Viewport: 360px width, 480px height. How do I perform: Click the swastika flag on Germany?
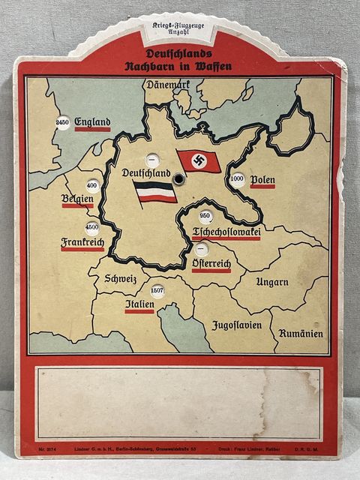point(199,160)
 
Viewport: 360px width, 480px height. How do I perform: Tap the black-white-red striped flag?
point(155,192)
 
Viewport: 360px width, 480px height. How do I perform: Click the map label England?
point(92,122)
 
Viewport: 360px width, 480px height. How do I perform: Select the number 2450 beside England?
point(63,121)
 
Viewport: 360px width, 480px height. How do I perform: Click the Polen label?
point(262,179)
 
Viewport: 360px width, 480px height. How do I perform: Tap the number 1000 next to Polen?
point(238,179)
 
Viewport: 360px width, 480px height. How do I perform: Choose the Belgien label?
point(78,199)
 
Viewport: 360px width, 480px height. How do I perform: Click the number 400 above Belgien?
point(92,184)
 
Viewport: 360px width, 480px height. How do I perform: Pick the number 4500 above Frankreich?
point(92,226)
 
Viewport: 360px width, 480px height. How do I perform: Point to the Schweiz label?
point(121,278)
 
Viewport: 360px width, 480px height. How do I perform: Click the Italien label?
point(139,305)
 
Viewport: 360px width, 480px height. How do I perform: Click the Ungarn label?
point(271,282)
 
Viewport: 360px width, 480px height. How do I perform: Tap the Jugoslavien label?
point(236,325)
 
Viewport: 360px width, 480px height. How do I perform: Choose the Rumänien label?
point(301,333)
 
